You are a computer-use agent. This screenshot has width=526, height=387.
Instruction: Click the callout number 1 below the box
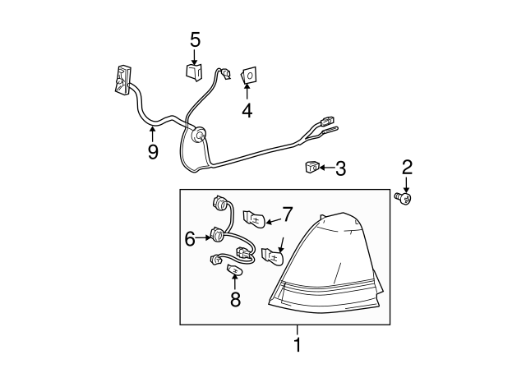click(297, 345)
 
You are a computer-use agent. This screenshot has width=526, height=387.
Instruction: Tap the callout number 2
click(407, 168)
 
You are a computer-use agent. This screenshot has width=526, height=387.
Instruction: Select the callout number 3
click(339, 169)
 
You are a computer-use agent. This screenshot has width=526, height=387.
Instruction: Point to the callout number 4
click(247, 110)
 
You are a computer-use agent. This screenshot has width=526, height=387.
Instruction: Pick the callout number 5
click(195, 39)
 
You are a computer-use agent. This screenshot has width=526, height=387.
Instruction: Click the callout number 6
click(191, 238)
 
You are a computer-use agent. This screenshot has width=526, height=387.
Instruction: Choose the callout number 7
click(287, 214)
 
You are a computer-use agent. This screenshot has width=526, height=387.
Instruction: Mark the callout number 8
click(236, 299)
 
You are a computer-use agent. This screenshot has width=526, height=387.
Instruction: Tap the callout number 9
click(153, 152)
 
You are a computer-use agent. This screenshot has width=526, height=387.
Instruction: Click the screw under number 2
click(404, 197)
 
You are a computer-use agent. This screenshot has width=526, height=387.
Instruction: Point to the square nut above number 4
click(247, 77)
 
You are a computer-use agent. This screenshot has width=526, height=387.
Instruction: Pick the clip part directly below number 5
click(195, 72)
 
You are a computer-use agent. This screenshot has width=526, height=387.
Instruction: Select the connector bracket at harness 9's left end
click(122, 78)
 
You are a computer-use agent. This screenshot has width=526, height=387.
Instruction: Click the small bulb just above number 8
click(235, 270)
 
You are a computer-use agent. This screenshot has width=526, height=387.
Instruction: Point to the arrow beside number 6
click(205, 238)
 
